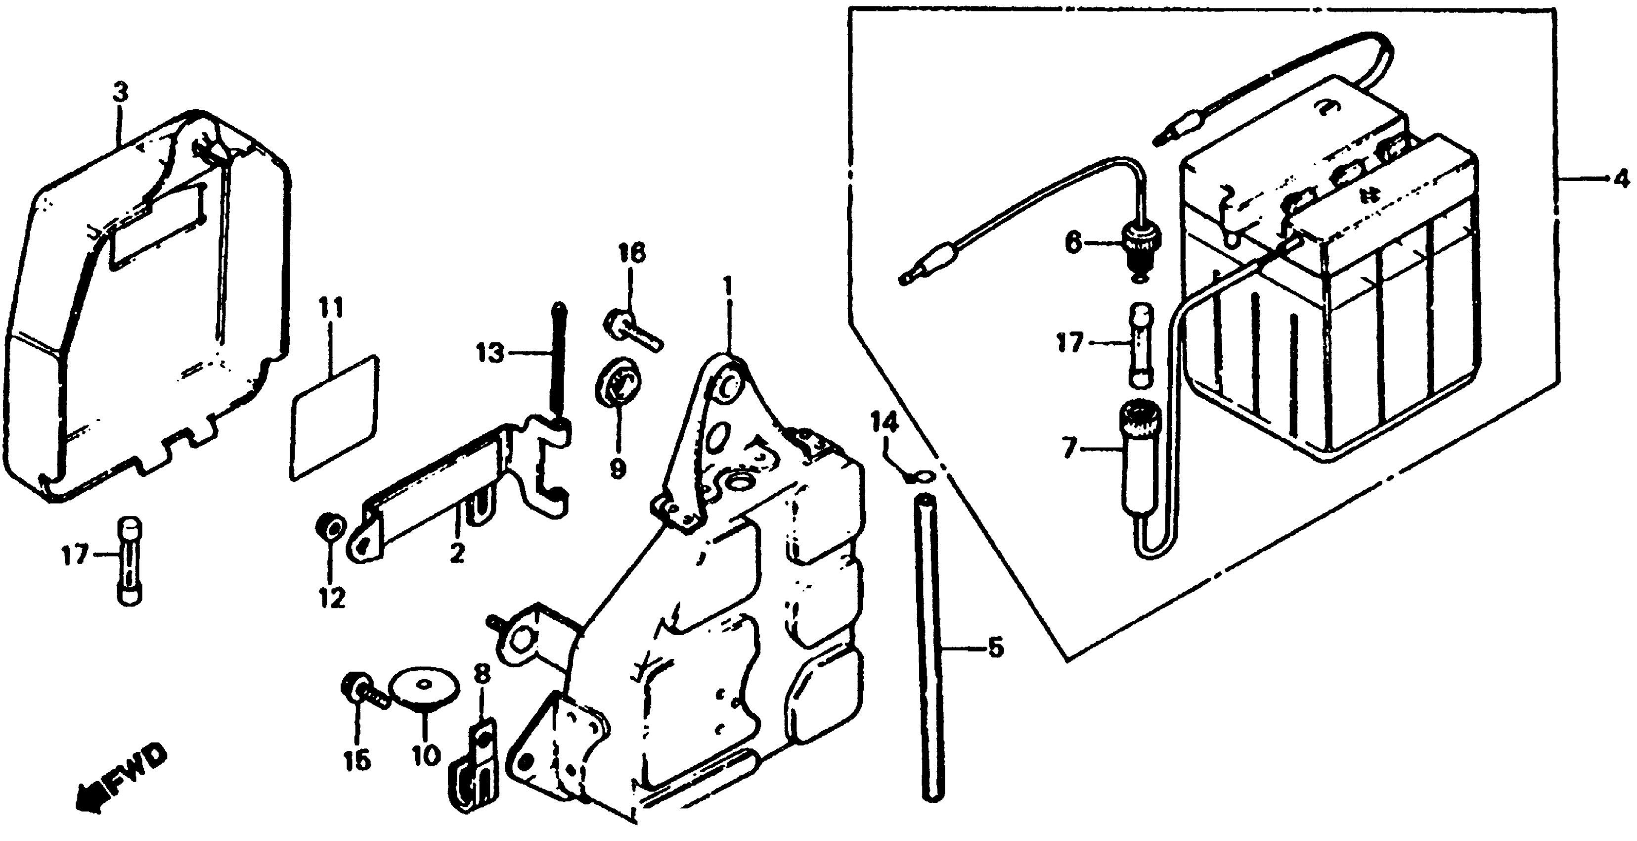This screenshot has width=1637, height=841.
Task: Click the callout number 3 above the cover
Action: [x=120, y=93]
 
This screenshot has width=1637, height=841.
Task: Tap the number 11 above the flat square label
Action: [x=331, y=309]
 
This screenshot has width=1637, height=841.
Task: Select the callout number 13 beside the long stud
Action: [x=490, y=353]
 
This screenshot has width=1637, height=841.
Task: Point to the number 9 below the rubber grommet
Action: [x=617, y=469]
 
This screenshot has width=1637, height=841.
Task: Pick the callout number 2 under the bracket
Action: [x=457, y=553]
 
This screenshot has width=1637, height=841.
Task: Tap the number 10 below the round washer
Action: [x=425, y=756]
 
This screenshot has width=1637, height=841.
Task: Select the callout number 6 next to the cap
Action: [x=1073, y=243]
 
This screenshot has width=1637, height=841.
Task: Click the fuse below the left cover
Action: [x=130, y=560]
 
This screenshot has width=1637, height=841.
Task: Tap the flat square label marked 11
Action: [x=334, y=418]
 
